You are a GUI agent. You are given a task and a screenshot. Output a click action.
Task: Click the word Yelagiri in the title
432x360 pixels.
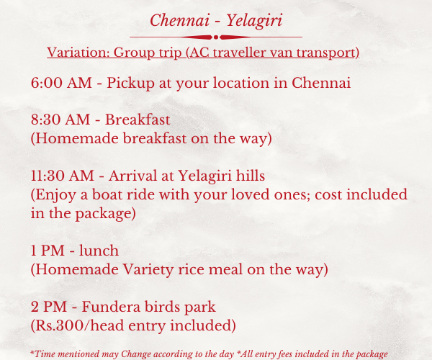click(x=254, y=21)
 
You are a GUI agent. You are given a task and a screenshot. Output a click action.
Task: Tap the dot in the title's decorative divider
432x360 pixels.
click(x=216, y=37)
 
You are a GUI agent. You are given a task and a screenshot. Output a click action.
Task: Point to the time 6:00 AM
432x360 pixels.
click(x=61, y=83)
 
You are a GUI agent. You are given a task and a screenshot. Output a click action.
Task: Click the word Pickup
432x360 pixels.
click(x=130, y=84)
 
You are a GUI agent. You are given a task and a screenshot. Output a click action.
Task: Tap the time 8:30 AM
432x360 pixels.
click(x=60, y=120)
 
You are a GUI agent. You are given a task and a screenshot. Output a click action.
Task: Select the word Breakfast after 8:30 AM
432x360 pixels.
click(x=138, y=120)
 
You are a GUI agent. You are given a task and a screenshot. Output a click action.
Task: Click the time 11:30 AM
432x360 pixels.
click(x=62, y=176)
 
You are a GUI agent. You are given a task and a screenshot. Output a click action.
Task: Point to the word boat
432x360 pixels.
click(x=107, y=194)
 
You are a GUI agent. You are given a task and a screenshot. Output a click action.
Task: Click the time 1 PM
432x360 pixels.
click(x=48, y=251)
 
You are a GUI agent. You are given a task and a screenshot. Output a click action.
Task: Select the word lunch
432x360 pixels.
click(x=99, y=251)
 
